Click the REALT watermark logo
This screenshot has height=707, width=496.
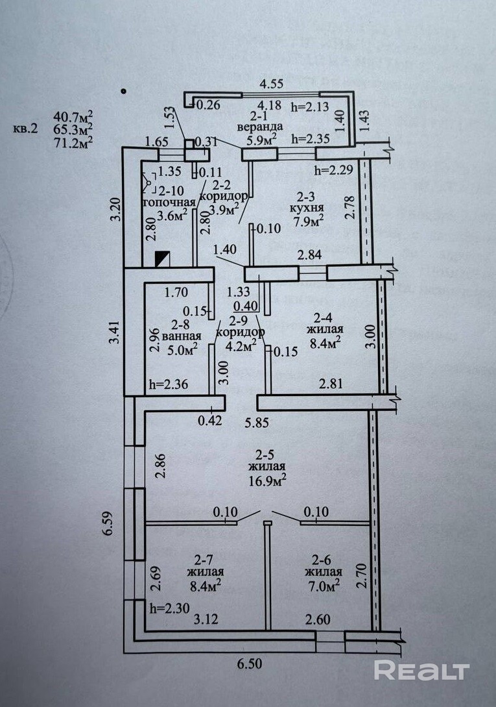(421, 671)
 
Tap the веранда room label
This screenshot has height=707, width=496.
(260, 127)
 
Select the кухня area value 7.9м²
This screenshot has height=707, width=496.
(309, 221)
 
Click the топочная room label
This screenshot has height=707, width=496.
(169, 203)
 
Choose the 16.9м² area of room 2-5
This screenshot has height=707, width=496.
(268, 480)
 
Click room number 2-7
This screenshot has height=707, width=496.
(203, 560)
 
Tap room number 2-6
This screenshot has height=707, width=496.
(322, 560)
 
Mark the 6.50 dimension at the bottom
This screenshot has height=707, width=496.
(249, 664)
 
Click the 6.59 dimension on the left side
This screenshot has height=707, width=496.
(106, 522)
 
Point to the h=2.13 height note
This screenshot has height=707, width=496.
(310, 107)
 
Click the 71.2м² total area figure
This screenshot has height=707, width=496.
(73, 142)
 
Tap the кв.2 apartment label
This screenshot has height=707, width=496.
(26, 129)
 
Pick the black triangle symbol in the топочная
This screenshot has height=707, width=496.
(162, 259)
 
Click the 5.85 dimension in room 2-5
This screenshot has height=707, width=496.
(257, 423)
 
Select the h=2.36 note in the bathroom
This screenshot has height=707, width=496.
(169, 384)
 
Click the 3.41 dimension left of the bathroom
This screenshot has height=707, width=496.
(116, 332)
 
